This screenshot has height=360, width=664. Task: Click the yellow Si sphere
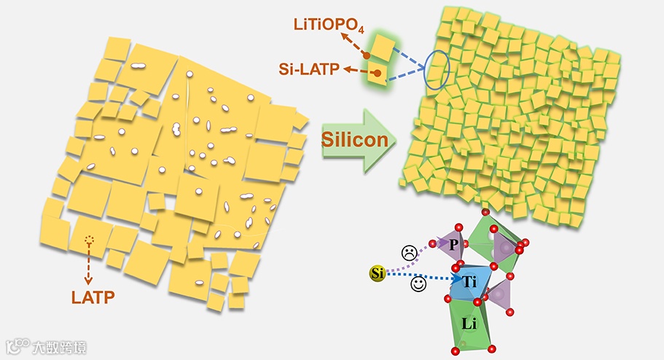[x=377, y=274]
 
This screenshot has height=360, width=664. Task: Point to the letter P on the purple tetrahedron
[x=453, y=245]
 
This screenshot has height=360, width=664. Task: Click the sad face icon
[x=410, y=253]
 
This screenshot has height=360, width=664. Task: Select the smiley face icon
[x=418, y=285]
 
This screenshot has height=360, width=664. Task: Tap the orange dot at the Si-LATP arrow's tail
[x=376, y=73]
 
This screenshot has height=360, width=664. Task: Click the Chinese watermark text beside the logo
[x=58, y=348]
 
